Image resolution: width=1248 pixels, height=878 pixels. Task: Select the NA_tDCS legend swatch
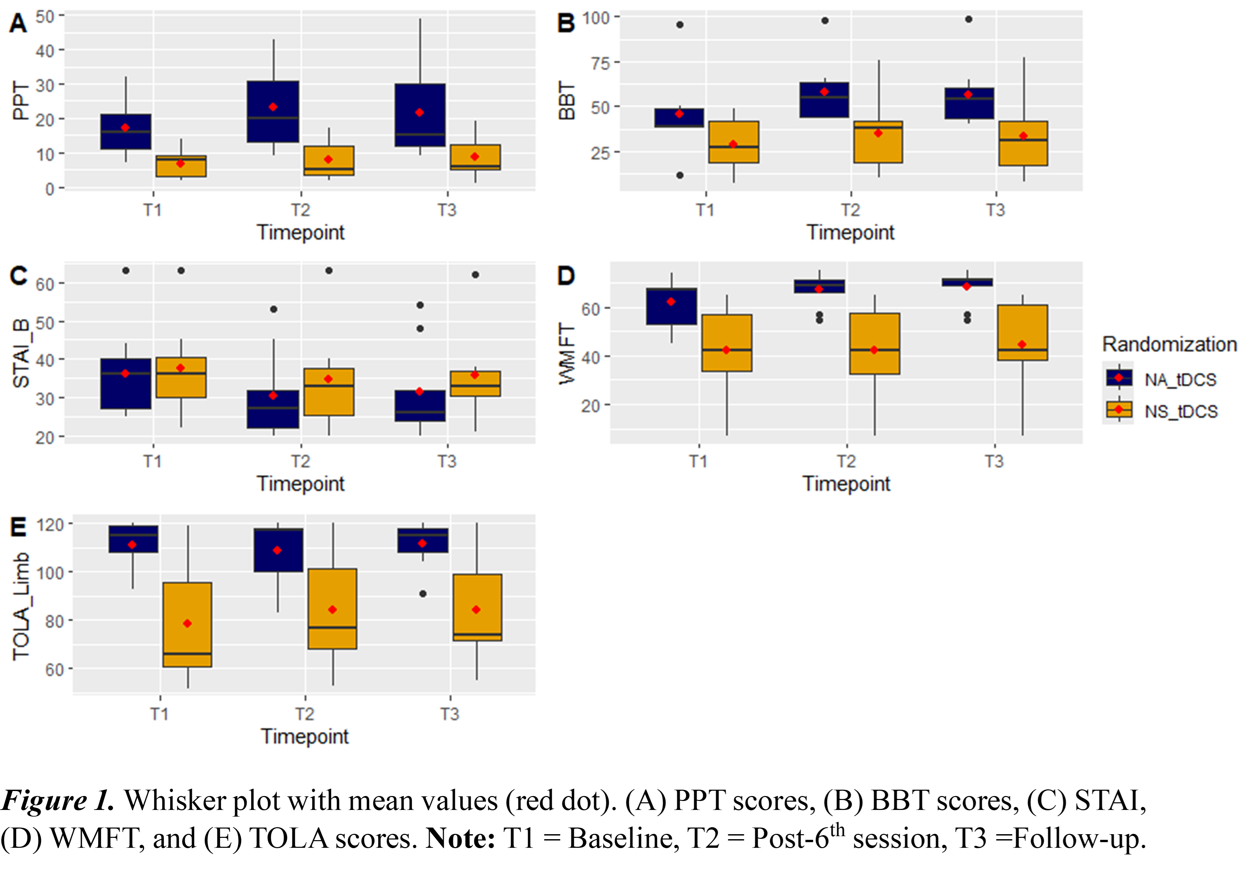[x=1119, y=378]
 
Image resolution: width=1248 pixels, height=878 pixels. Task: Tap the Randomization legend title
[x=1169, y=344]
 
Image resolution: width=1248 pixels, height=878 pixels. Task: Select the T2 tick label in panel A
[x=300, y=210]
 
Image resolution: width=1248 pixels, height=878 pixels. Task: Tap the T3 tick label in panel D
[x=994, y=461]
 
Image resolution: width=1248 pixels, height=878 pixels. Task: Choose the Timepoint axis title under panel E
[x=304, y=736]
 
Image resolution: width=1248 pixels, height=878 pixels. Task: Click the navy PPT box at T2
[x=273, y=112]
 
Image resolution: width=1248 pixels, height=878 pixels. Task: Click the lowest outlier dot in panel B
[x=680, y=175]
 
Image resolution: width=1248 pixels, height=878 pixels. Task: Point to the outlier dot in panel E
[x=423, y=594]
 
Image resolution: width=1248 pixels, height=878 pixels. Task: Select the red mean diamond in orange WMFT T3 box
[x=1022, y=345]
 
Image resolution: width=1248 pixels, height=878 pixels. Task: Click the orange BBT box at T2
[x=878, y=141]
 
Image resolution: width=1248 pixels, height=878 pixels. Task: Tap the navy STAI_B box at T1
[x=125, y=384]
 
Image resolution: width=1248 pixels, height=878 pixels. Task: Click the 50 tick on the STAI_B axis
[x=46, y=322]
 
